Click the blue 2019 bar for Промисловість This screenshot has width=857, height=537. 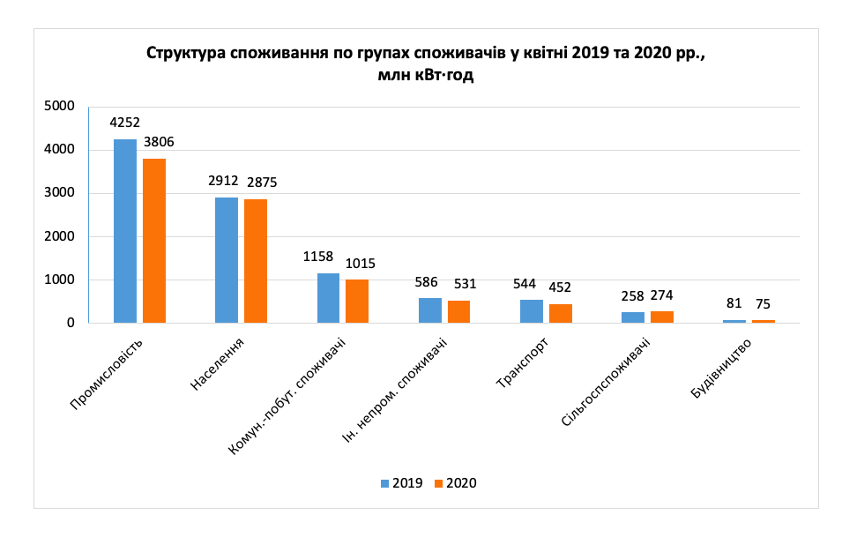pyautogui.click(x=125, y=231)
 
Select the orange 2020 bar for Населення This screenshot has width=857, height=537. pyautogui.click(x=256, y=261)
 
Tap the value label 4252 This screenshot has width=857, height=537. pyautogui.click(x=125, y=123)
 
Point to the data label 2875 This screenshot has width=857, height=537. pyautogui.click(x=261, y=183)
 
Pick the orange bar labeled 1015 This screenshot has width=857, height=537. pyautogui.click(x=357, y=301)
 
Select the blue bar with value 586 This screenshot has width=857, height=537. pyautogui.click(x=430, y=310)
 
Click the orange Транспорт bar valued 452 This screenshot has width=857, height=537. pyautogui.click(x=560, y=313)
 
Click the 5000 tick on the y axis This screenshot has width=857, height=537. pyautogui.click(x=60, y=107)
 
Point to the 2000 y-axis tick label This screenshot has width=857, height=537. pyautogui.click(x=60, y=236)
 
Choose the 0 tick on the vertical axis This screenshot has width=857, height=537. pyautogui.click(x=69, y=323)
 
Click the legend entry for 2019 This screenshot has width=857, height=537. pyautogui.click(x=401, y=483)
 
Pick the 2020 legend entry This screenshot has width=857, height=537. pyautogui.click(x=456, y=483)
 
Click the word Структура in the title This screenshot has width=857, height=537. pyautogui.click(x=185, y=53)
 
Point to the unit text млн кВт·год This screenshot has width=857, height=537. pyautogui.click(x=426, y=76)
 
